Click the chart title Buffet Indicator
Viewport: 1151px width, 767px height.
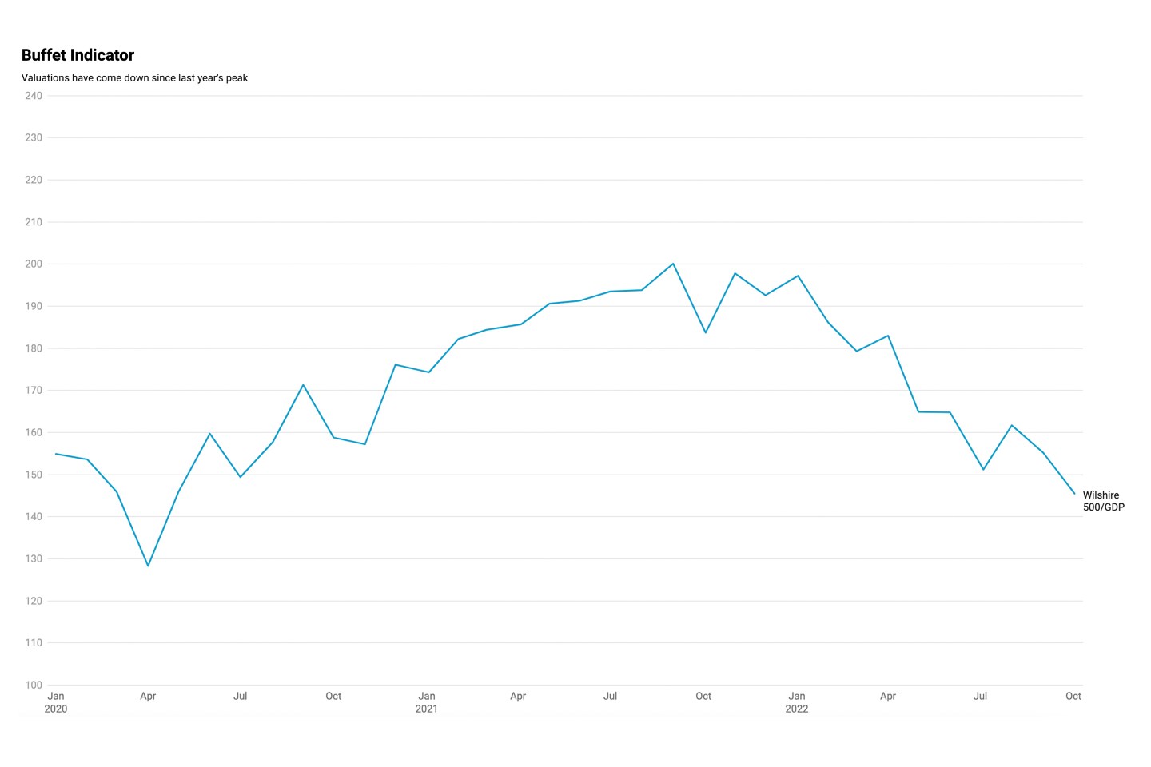(x=78, y=55)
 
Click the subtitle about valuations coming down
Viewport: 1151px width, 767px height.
(x=134, y=78)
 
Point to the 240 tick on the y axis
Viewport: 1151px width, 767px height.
(x=34, y=96)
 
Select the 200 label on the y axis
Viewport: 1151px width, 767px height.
(x=34, y=264)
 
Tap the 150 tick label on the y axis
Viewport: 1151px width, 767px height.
(x=34, y=475)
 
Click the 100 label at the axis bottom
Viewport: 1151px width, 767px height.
(x=34, y=685)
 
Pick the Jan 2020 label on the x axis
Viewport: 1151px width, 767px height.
(x=56, y=702)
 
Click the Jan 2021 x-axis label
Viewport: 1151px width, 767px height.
(x=427, y=702)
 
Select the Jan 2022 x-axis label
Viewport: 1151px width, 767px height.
(x=797, y=702)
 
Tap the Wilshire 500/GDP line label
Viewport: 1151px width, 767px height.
(x=1103, y=501)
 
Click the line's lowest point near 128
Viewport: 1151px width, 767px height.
(x=148, y=566)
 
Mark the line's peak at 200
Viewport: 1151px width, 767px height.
(x=673, y=264)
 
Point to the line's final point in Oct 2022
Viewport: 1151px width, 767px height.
(x=1074, y=494)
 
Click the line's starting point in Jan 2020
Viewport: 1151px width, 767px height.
(x=56, y=454)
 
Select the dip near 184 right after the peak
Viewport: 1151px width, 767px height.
(x=705, y=332)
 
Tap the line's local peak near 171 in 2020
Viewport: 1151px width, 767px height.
(x=303, y=385)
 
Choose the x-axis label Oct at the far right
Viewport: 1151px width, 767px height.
(x=1073, y=697)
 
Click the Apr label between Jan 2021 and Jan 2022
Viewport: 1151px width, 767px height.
(x=518, y=697)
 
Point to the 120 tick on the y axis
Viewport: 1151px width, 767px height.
(x=34, y=601)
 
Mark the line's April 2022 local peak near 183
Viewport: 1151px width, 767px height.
(x=888, y=336)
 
